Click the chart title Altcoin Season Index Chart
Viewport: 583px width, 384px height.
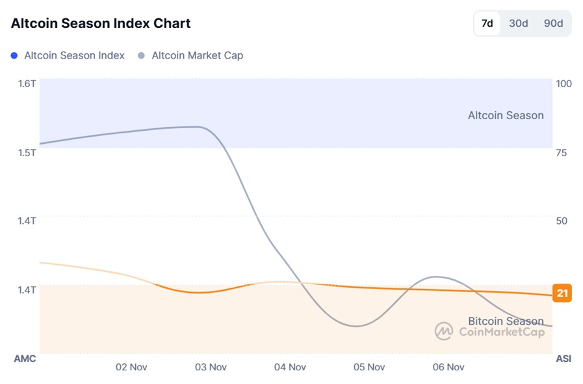[101, 23]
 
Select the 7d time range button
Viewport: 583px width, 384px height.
[487, 23]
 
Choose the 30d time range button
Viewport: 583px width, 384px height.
[518, 23]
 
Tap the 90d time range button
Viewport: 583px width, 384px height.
[553, 23]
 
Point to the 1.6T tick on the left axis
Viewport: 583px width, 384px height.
[27, 83]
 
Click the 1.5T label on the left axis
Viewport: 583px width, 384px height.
[27, 152]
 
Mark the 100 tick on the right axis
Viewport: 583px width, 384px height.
[563, 83]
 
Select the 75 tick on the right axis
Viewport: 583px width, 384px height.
[562, 152]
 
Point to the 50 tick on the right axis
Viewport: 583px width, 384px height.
[562, 221]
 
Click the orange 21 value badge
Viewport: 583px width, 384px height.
[562, 294]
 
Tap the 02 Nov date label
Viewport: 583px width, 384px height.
[131, 367]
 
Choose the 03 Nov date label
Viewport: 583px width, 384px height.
[211, 367]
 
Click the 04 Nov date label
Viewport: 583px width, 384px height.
[290, 367]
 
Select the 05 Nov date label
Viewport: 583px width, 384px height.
[369, 367]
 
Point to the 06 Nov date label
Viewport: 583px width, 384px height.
[448, 367]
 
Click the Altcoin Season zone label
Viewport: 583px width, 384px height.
[506, 115]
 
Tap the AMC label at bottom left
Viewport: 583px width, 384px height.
[25, 359]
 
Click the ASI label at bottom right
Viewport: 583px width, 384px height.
[564, 359]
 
